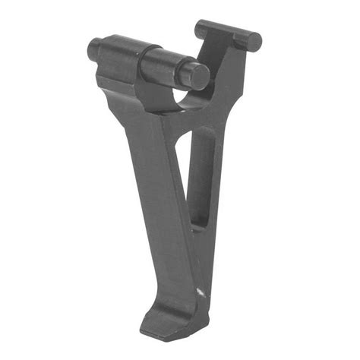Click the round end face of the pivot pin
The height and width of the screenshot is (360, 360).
point(199,76)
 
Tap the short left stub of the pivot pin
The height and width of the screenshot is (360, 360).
point(95,49)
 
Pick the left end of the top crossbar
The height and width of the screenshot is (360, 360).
point(201,29)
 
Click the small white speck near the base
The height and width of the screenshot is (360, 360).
point(200,292)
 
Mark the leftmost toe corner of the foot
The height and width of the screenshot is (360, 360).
point(142,330)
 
